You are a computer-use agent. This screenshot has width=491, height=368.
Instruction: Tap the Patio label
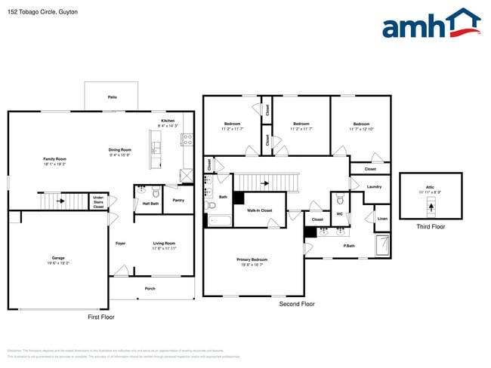[113, 97]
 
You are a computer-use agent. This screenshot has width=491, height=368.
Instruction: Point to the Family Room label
[54, 159]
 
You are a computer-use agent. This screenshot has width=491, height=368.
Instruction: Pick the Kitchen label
[168, 121]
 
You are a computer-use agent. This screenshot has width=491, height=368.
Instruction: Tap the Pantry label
[178, 200]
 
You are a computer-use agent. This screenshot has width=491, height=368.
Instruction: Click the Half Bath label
[150, 203]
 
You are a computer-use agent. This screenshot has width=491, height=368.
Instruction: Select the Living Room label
[164, 243]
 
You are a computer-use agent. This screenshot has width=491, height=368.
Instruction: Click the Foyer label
[120, 243]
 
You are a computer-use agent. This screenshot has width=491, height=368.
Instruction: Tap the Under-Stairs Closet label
[98, 203]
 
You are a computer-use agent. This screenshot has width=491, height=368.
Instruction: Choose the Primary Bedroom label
[254, 259]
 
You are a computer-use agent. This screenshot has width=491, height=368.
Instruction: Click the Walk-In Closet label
[259, 211]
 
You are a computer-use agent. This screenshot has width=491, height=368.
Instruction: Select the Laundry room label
[373, 186]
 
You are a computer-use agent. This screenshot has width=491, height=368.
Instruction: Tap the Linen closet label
[382, 219]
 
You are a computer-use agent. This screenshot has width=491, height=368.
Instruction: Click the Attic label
[430, 189]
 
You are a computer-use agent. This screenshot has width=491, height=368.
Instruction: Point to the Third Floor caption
[431, 226]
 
